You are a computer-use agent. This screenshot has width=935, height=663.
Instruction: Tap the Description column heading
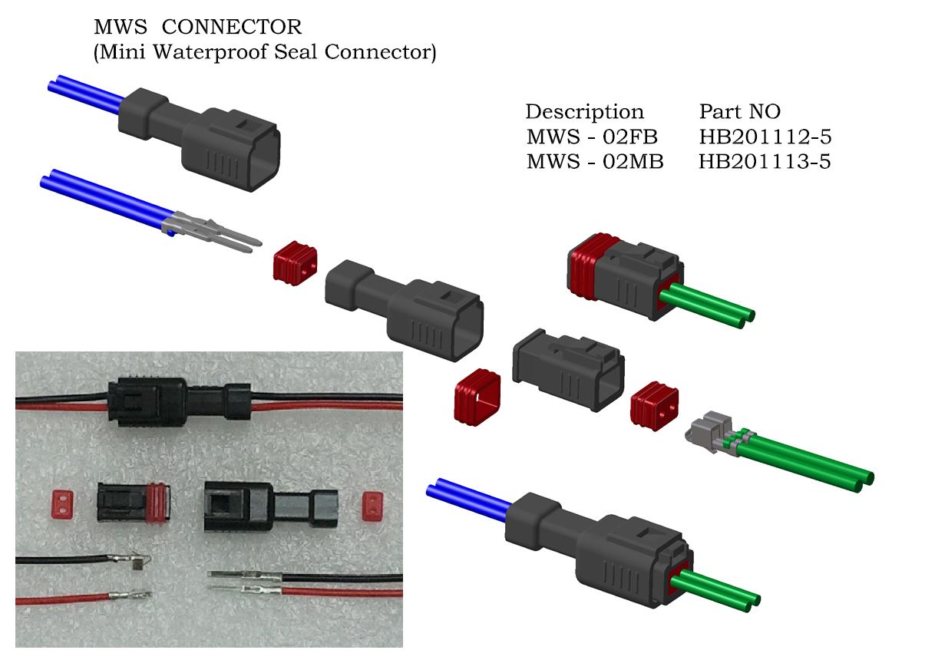point(584,112)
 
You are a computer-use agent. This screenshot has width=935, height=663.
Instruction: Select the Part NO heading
point(739,112)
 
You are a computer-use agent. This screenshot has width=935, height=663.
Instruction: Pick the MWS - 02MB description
point(594,163)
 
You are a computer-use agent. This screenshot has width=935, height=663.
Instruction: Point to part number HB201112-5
point(765,138)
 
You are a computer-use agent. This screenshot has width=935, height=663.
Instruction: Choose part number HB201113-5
point(765,163)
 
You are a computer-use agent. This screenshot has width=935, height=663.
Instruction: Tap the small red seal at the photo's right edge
point(372,504)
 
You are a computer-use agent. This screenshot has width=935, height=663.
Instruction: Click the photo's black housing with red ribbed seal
point(134,505)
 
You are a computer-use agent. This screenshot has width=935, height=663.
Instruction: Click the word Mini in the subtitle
point(120,54)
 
